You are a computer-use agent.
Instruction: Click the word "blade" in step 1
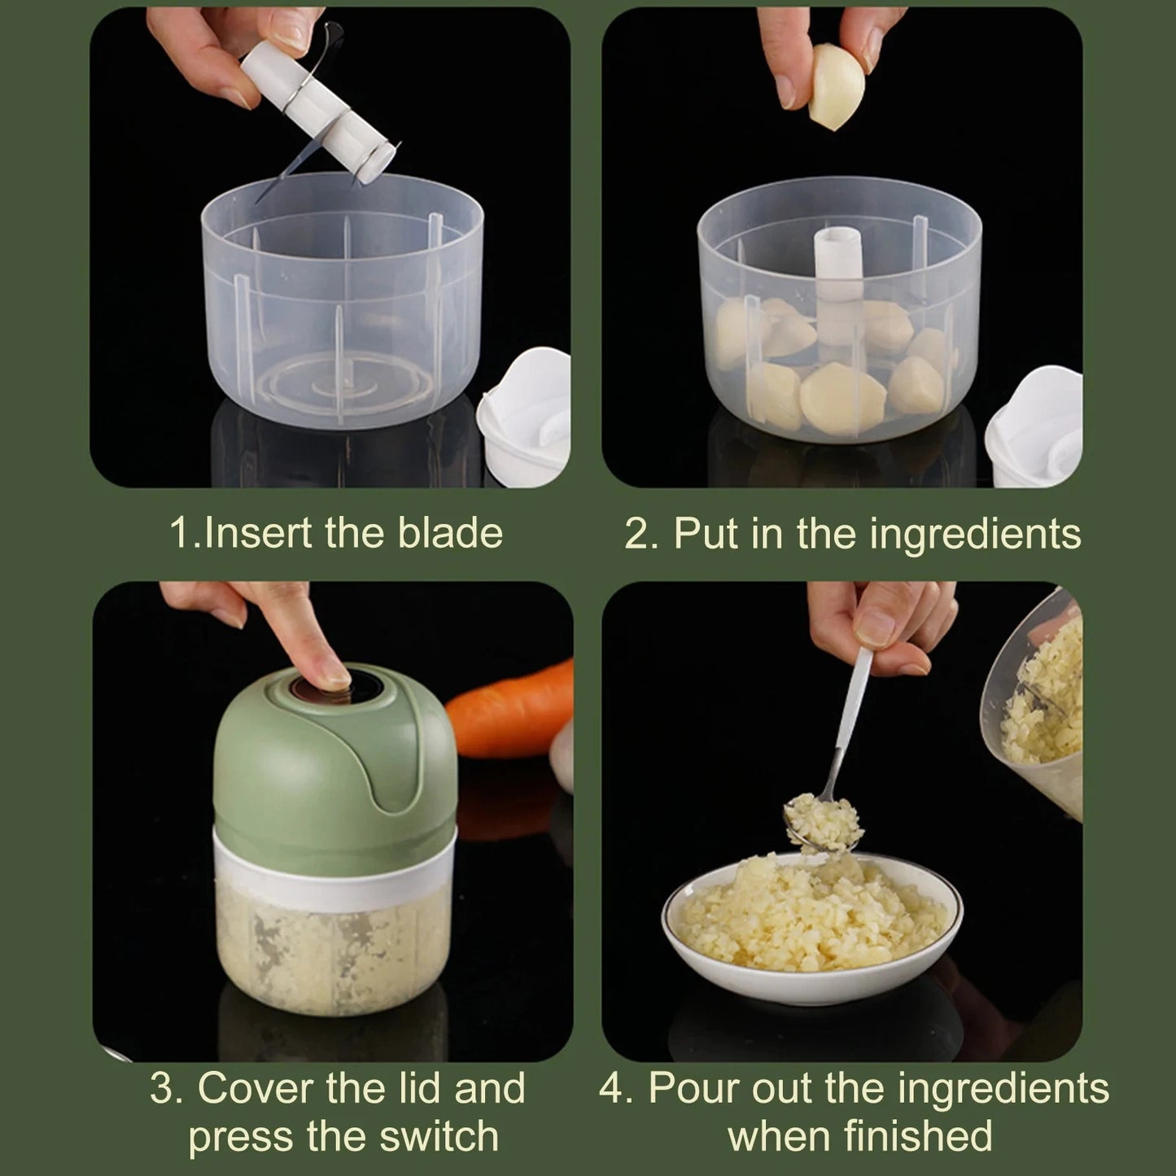click(449, 533)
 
